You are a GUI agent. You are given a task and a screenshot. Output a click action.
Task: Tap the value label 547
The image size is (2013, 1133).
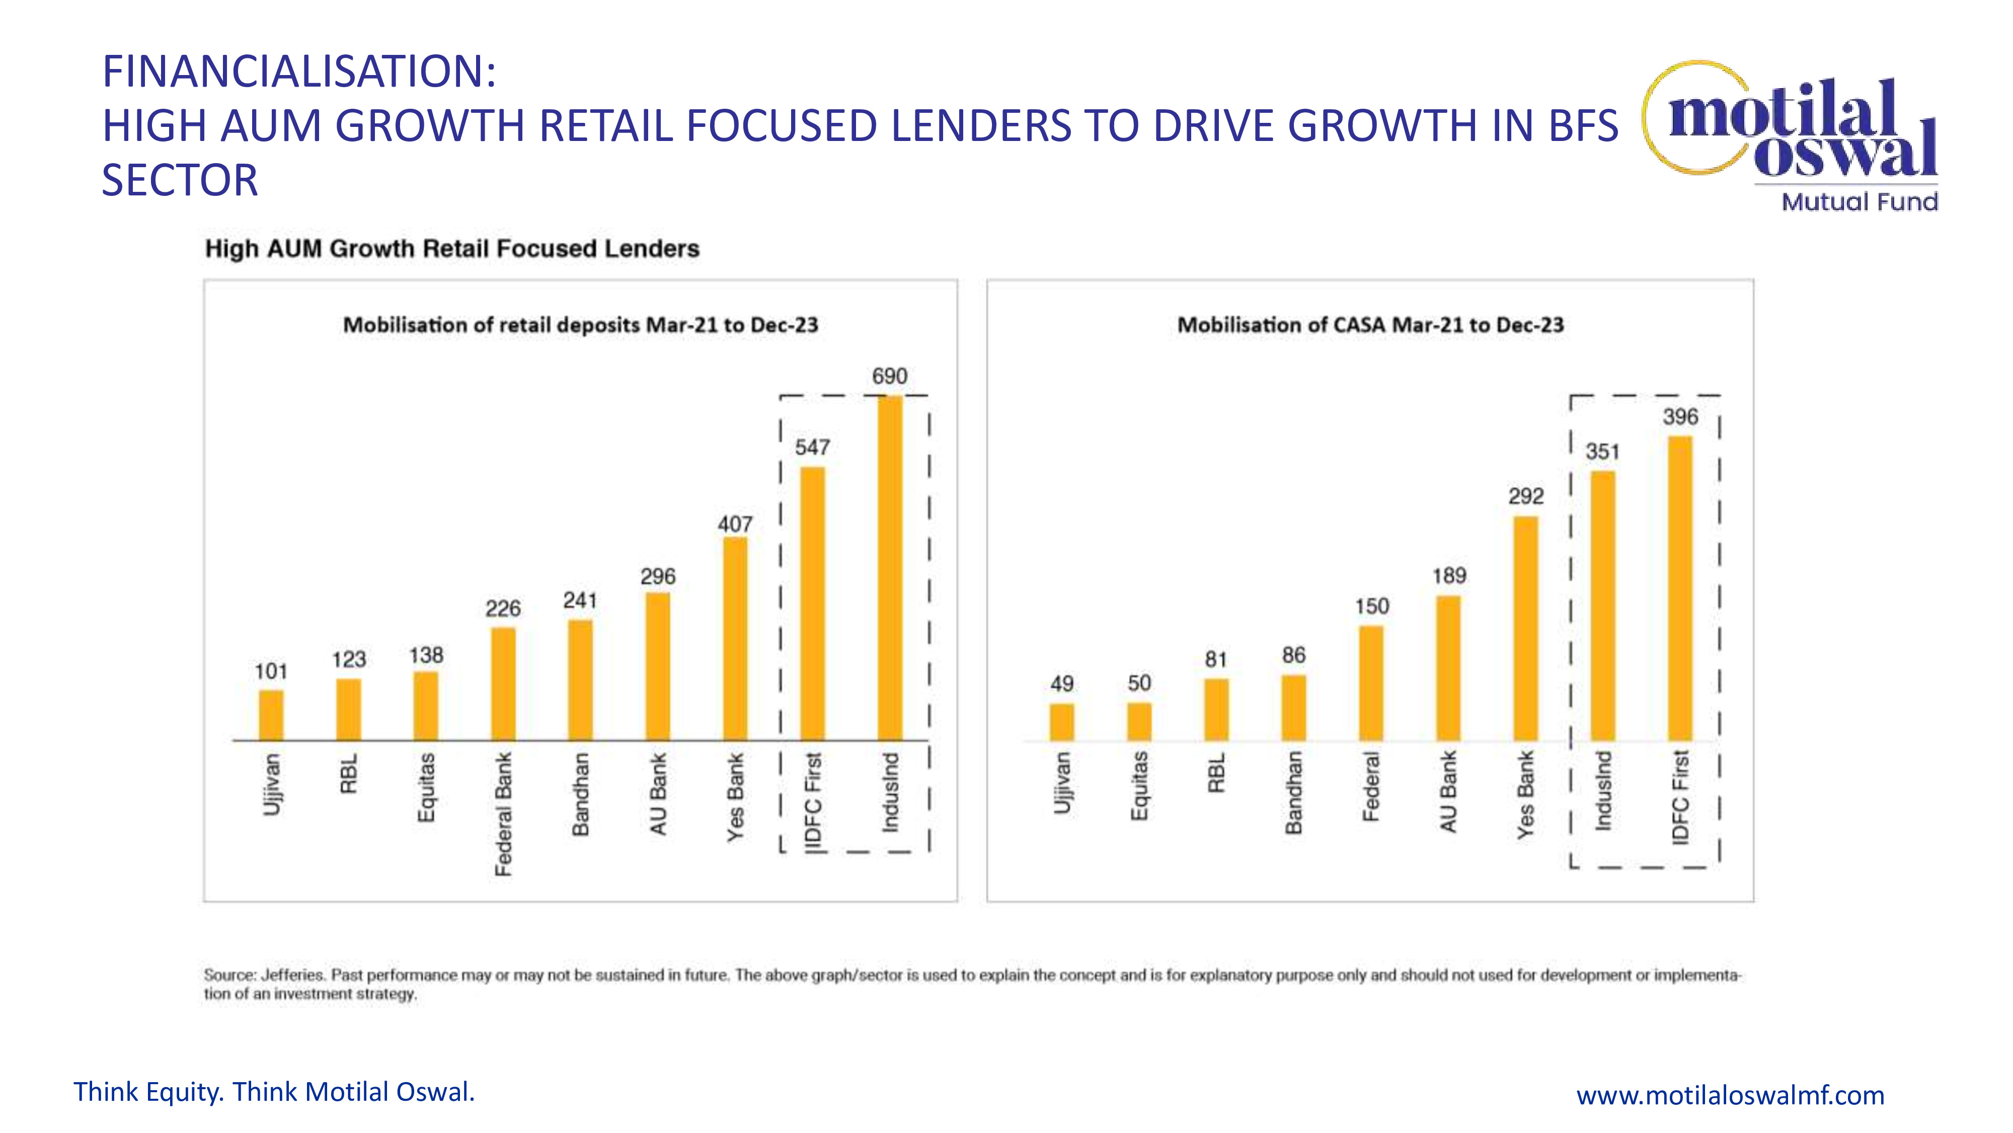(x=812, y=447)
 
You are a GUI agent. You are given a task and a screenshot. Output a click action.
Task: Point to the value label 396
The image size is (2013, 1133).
(x=1680, y=417)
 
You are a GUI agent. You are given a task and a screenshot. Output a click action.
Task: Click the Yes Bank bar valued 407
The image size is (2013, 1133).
(x=735, y=638)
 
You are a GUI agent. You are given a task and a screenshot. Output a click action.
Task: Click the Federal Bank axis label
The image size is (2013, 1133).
(x=503, y=814)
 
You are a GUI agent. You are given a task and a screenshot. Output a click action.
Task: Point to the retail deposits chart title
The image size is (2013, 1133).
(x=581, y=325)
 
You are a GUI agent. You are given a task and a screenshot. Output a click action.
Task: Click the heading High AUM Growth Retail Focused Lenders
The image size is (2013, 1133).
(x=452, y=249)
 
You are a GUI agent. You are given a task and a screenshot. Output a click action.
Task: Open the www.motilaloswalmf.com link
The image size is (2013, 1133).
(x=1730, y=1095)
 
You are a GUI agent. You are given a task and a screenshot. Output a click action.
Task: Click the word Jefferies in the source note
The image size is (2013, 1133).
(x=292, y=975)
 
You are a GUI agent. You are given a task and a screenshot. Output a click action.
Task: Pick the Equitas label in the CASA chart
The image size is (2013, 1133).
(x=1139, y=786)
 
